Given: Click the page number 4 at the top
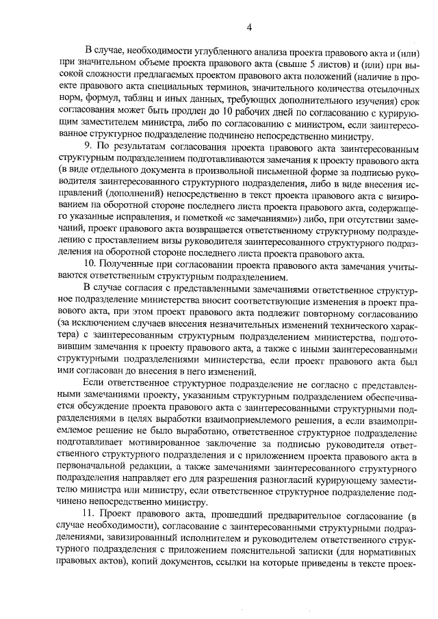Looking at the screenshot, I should pyautogui.click(x=250, y=27).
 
